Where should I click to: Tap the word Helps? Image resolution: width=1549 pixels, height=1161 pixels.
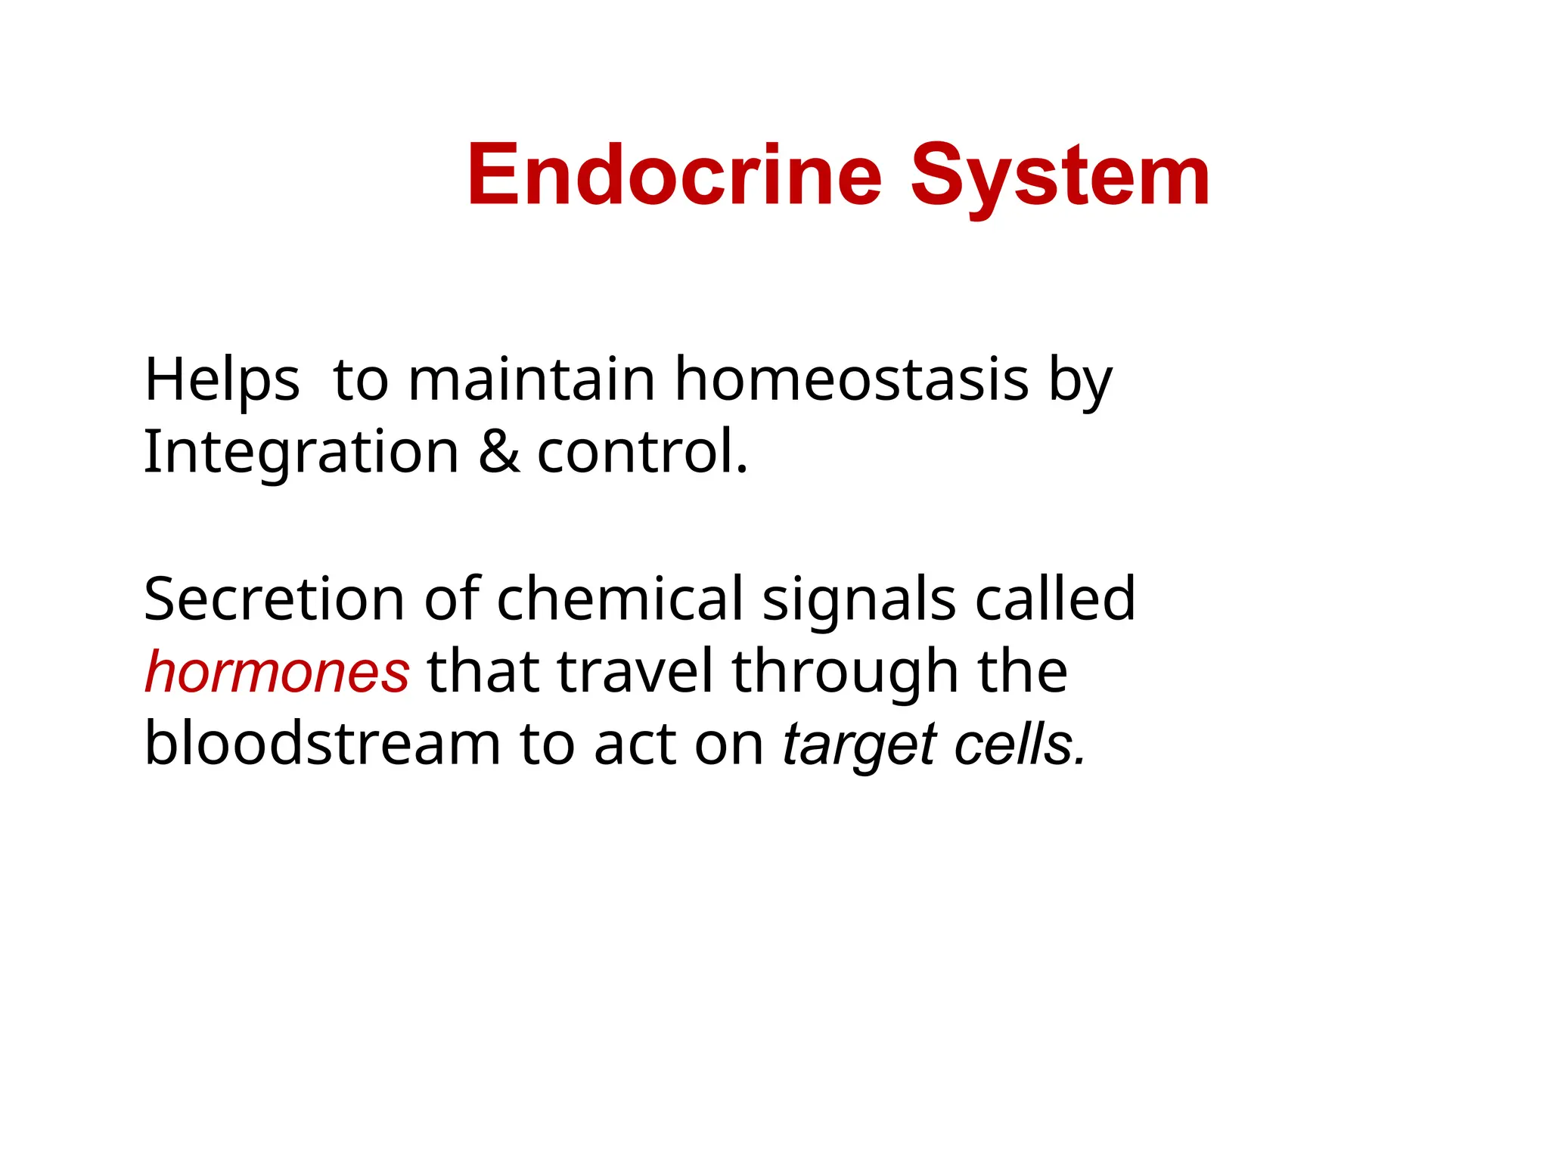(x=222, y=379)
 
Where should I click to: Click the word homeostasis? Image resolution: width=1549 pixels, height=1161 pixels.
(x=852, y=379)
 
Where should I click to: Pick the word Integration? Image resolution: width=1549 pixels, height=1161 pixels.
(x=301, y=452)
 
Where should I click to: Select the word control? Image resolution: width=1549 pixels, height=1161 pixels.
(x=642, y=452)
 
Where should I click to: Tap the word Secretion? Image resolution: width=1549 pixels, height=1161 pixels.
(x=274, y=599)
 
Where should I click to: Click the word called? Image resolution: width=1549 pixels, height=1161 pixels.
(x=1055, y=599)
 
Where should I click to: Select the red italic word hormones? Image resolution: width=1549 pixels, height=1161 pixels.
(x=277, y=672)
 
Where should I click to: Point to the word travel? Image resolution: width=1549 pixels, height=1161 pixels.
(x=635, y=672)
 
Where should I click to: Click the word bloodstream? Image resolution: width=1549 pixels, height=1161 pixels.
(x=322, y=744)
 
